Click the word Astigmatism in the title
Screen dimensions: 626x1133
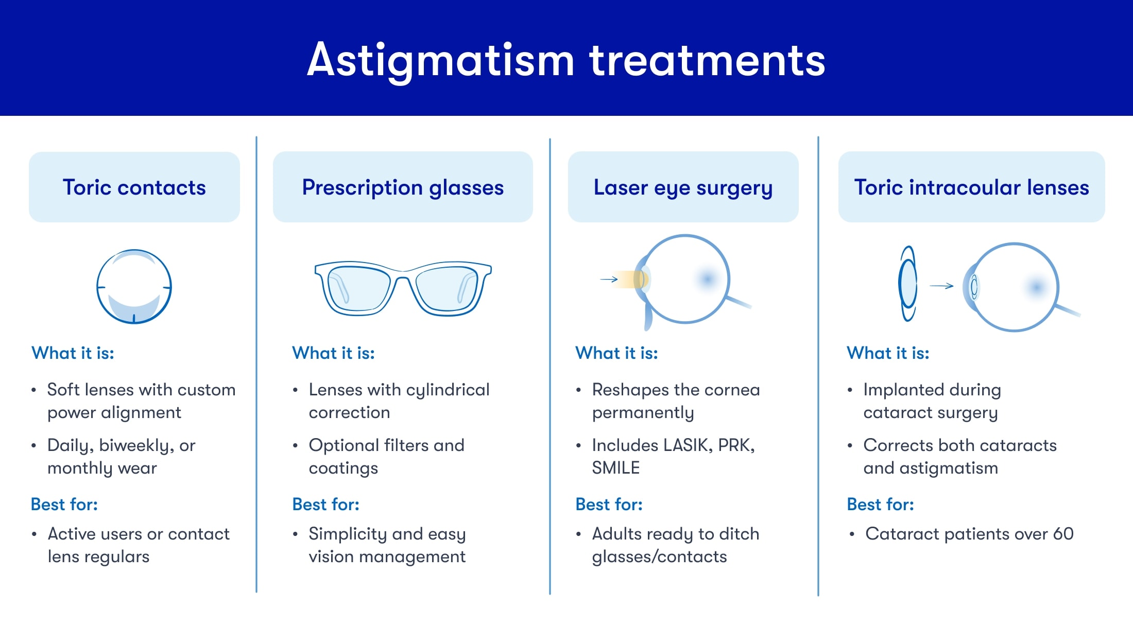click(440, 61)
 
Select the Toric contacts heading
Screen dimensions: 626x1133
click(134, 187)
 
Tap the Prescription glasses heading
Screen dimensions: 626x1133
click(403, 187)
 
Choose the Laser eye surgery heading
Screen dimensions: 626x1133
click(683, 187)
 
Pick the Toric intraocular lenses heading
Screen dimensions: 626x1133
click(971, 187)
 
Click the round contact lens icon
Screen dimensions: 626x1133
click(134, 287)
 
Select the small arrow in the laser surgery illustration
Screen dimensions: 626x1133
click(609, 280)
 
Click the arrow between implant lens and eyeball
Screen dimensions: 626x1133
click(941, 286)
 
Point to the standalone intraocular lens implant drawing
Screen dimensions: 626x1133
click(908, 284)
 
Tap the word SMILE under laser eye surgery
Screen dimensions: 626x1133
click(615, 468)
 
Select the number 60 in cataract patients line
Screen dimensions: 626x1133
click(1063, 534)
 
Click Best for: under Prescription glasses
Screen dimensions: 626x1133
click(325, 505)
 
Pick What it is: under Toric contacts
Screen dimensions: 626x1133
click(73, 353)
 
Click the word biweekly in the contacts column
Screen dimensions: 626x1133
click(136, 446)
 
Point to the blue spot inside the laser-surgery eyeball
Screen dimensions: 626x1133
click(707, 279)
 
